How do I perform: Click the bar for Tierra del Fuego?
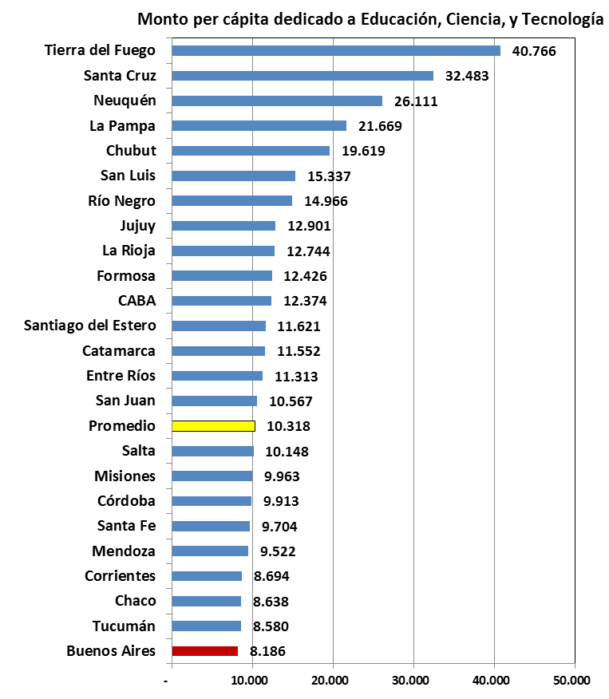[335, 51]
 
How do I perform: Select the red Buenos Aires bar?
[204, 651]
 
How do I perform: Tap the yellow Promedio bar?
[213, 426]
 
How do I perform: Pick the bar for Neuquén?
[276, 101]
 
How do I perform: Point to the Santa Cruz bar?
[302, 76]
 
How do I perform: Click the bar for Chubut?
[251, 151]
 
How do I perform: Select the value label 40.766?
[534, 51]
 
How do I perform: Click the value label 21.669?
[380, 126]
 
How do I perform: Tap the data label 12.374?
[305, 301]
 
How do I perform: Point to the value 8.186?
[267, 651]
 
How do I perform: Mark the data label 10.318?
[288, 426]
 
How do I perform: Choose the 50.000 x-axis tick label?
[572, 680]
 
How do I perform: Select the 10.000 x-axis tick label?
[250, 680]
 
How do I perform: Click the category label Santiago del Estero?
[90, 326]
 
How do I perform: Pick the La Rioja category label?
[129, 251]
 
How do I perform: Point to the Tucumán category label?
[122, 626]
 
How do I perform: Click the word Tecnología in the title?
[562, 19]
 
